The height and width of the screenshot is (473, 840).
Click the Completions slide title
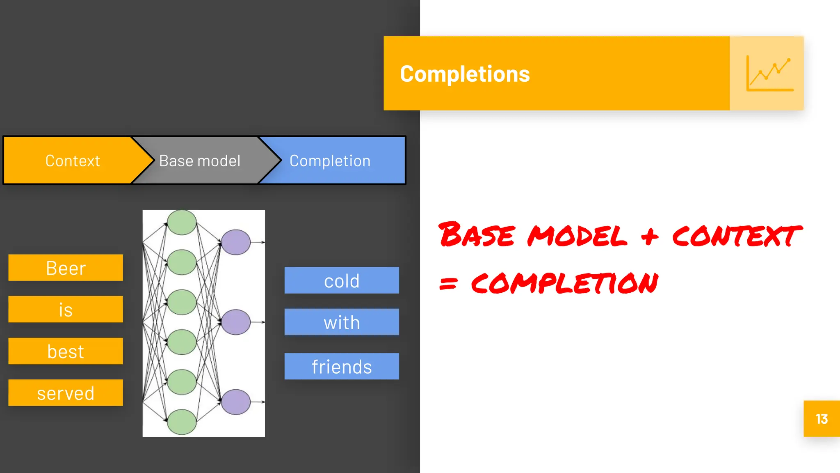click(x=465, y=74)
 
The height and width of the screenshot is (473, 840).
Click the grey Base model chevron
click(x=200, y=161)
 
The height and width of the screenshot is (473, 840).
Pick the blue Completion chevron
click(x=330, y=161)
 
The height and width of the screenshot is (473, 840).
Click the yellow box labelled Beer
click(x=66, y=268)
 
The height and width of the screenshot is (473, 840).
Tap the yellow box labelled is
click(x=66, y=309)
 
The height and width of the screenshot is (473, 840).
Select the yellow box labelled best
click(x=66, y=351)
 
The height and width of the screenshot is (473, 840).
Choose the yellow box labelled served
click(x=66, y=393)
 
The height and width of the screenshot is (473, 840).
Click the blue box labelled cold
click(x=342, y=280)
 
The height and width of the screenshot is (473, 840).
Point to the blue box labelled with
click(x=342, y=322)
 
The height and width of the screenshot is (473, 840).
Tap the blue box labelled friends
click(x=342, y=366)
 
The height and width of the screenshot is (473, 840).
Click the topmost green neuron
click(x=182, y=223)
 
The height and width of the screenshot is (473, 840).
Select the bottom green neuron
click(x=182, y=422)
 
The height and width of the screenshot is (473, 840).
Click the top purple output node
click(x=236, y=242)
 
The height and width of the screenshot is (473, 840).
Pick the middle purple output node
click(x=236, y=322)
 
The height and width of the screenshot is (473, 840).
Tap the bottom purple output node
click(x=236, y=402)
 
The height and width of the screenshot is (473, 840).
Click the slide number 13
click(x=822, y=419)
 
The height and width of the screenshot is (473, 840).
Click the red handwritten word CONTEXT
click(x=736, y=236)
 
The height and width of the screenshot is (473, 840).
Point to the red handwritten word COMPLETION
click(x=564, y=283)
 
